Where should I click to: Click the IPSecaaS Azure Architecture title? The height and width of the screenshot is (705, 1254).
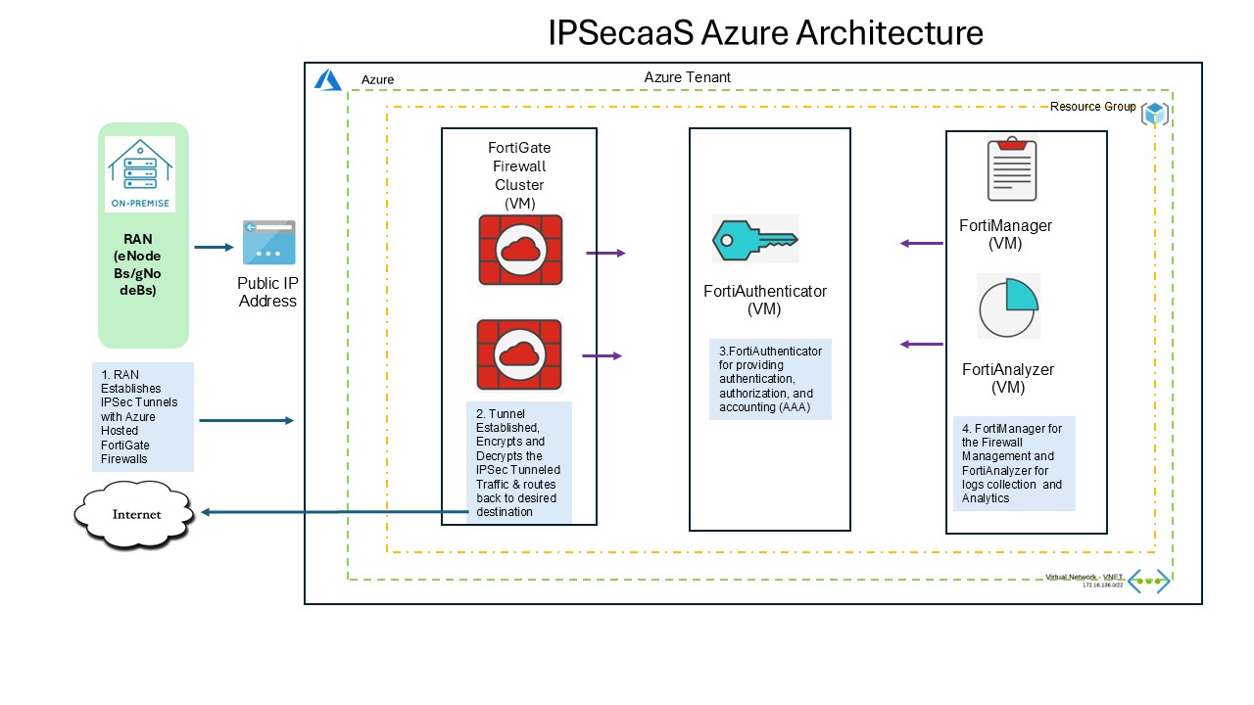(x=765, y=33)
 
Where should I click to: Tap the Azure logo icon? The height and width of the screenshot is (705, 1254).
(x=327, y=79)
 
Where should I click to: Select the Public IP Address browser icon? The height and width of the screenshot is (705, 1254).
(x=268, y=242)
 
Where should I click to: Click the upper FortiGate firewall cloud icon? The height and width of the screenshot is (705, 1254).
(x=521, y=249)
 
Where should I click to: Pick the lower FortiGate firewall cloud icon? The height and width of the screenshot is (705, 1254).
(x=518, y=354)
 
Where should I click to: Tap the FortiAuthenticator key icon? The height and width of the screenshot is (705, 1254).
(x=754, y=239)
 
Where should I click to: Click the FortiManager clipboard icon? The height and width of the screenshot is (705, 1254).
(x=1010, y=171)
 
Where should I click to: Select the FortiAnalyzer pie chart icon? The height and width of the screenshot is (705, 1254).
(x=1008, y=305)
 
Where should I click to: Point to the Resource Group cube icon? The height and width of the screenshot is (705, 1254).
(x=1156, y=113)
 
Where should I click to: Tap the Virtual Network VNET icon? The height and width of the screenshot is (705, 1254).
(x=1148, y=581)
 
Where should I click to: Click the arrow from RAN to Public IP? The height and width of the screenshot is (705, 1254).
(x=214, y=247)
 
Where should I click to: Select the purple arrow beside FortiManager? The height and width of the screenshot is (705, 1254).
(x=921, y=243)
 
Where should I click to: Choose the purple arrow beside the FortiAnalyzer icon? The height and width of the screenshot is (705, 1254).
(x=921, y=344)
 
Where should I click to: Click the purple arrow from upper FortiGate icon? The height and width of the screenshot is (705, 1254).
(x=605, y=253)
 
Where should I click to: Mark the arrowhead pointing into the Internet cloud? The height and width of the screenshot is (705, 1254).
(x=206, y=512)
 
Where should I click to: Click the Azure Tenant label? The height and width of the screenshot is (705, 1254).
(x=687, y=76)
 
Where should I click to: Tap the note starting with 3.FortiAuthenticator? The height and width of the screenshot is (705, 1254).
(x=770, y=380)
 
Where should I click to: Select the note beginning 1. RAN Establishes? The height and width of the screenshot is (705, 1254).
(x=143, y=416)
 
